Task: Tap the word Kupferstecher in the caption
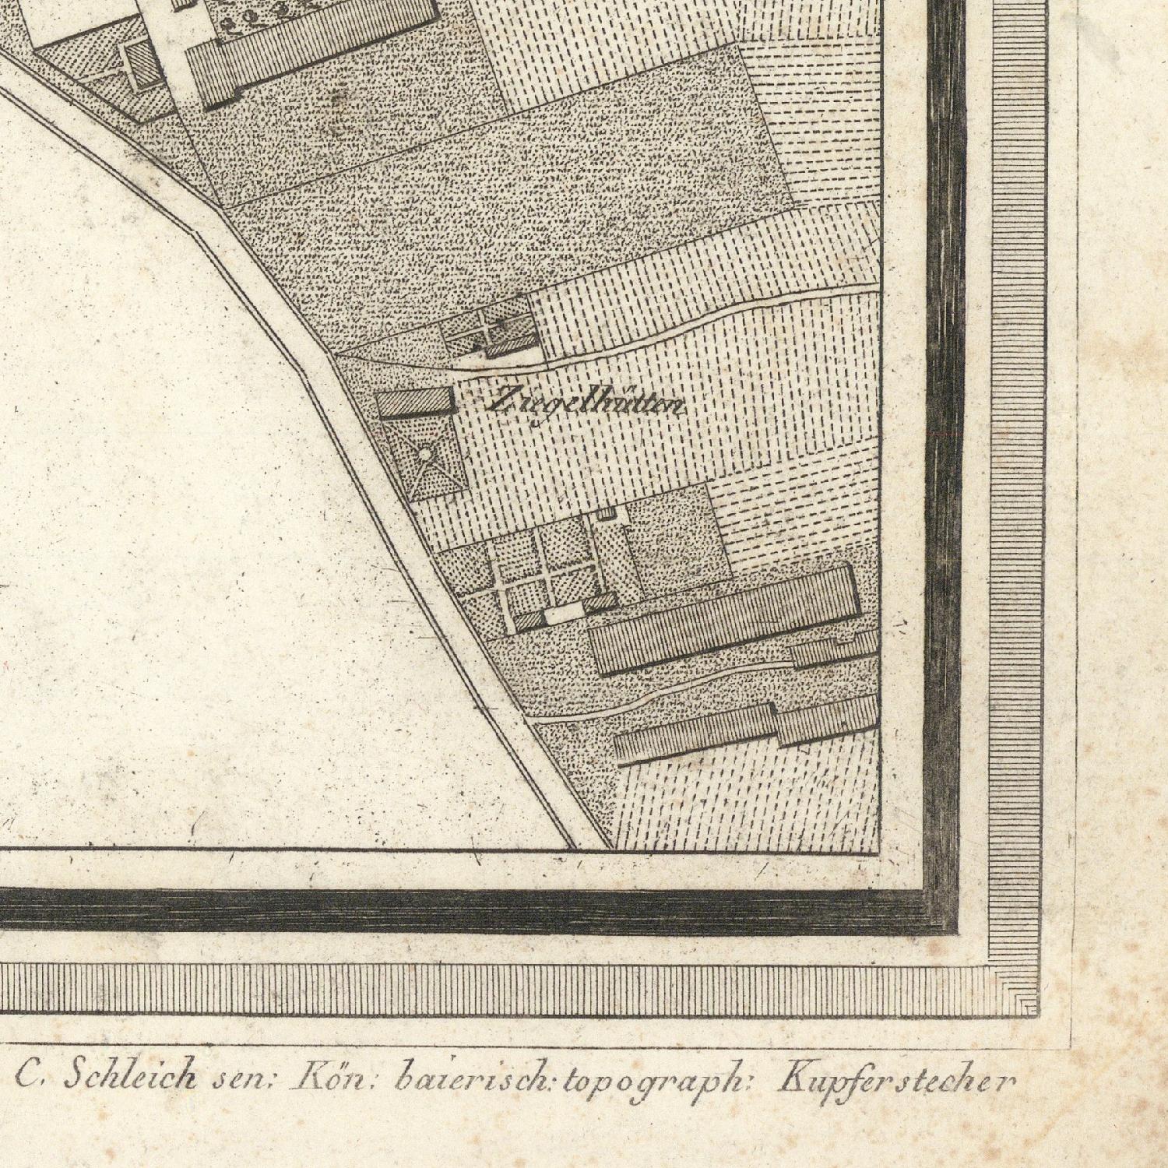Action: click(896, 1081)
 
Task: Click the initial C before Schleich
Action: click(29, 1077)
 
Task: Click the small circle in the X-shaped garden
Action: click(426, 454)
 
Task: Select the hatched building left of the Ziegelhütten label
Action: click(416, 403)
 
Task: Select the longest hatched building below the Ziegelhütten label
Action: click(724, 619)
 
